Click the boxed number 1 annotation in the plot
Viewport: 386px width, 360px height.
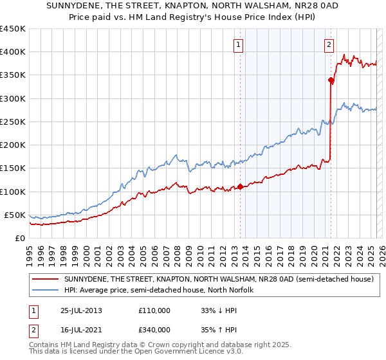(x=239, y=44)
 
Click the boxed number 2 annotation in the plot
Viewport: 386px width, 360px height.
(x=329, y=44)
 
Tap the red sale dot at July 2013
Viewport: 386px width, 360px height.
(x=241, y=187)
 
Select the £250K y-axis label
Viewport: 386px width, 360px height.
(x=13, y=122)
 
